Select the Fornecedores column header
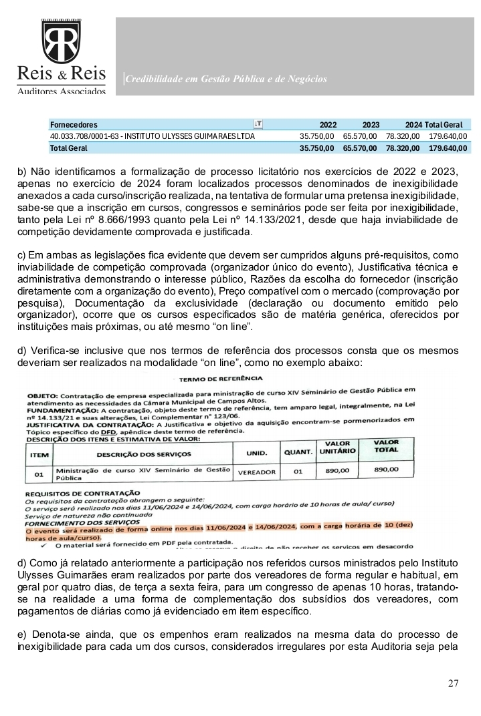(x=74, y=125)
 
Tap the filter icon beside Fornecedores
(x=258, y=124)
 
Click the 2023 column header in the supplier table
(x=371, y=125)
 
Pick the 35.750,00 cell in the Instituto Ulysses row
(x=317, y=136)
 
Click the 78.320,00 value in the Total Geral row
(x=403, y=148)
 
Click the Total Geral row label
(x=68, y=148)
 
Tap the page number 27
(x=454, y=683)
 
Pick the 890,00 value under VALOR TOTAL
(x=385, y=470)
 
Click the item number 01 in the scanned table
(x=39, y=474)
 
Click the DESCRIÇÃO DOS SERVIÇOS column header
(x=143, y=454)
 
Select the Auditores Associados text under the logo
(x=61, y=91)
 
